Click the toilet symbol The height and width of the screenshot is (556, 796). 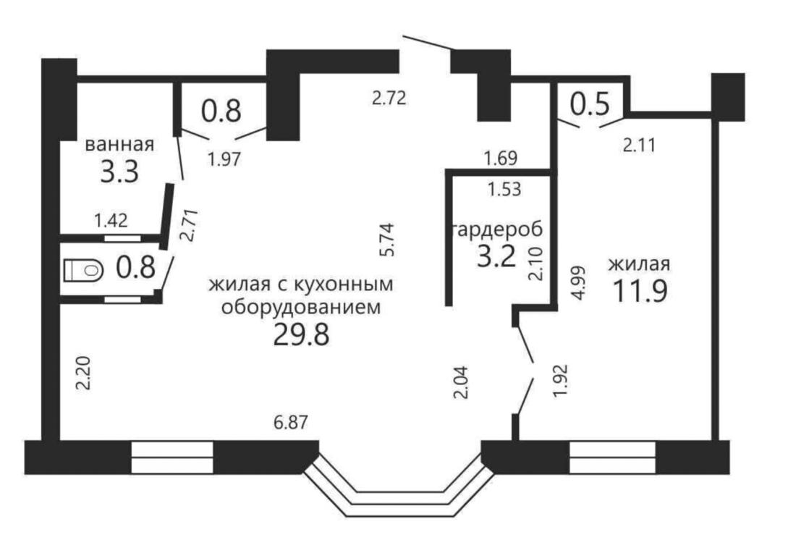[84, 270]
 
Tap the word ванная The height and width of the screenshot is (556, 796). [119, 144]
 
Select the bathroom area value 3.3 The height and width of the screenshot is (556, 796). [119, 172]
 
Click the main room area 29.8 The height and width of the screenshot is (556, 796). [302, 334]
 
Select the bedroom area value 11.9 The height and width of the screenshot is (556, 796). [640, 291]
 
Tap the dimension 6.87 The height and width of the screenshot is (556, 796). [291, 422]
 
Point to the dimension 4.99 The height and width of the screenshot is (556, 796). [578, 283]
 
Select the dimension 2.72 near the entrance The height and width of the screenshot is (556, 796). [389, 98]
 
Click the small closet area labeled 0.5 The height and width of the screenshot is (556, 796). [589, 104]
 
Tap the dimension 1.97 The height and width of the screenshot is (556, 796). [224, 159]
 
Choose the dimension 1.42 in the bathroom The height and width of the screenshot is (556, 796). [111, 221]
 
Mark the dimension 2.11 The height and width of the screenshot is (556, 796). [639, 146]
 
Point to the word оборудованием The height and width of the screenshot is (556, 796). [301, 308]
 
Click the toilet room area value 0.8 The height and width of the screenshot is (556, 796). [135, 268]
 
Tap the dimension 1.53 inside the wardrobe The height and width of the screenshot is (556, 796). [504, 190]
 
